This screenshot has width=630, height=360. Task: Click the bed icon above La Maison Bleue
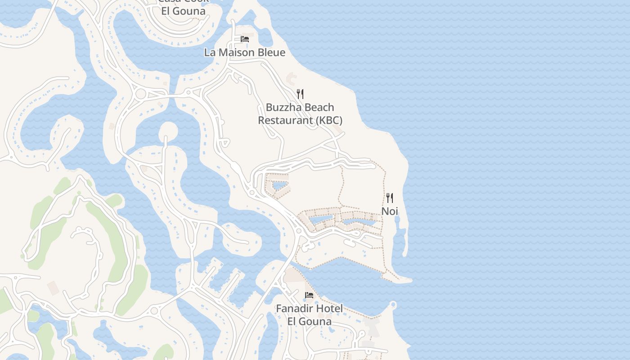[245, 39]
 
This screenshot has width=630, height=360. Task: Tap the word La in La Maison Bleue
[210, 53]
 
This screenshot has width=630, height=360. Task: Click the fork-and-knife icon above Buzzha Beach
[300, 94]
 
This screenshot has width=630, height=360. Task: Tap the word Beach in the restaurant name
[319, 108]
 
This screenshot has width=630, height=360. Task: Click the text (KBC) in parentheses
[328, 121]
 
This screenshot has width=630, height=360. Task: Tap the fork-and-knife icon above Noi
[390, 198]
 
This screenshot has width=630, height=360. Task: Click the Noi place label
[390, 211]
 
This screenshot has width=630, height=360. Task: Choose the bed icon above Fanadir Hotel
[309, 295]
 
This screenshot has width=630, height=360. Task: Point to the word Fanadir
[297, 309]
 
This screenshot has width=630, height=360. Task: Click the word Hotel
[331, 309]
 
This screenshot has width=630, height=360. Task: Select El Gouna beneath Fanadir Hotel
[310, 322]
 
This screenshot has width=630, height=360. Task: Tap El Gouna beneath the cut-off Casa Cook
[183, 11]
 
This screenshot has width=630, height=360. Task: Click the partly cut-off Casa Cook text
[183, 1]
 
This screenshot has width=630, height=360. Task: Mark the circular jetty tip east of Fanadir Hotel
[394, 306]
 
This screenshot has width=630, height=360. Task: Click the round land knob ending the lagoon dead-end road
[168, 130]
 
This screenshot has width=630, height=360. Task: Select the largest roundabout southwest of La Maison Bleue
[141, 94]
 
